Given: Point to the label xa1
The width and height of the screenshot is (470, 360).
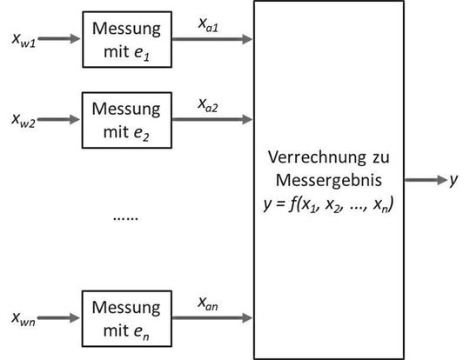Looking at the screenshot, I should click(x=211, y=27).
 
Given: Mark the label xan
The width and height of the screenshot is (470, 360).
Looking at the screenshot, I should click(x=209, y=304).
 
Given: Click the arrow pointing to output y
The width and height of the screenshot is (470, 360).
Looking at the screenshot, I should click(x=425, y=180).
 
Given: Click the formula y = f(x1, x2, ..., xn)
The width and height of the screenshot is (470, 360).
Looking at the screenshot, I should click(x=329, y=204).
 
